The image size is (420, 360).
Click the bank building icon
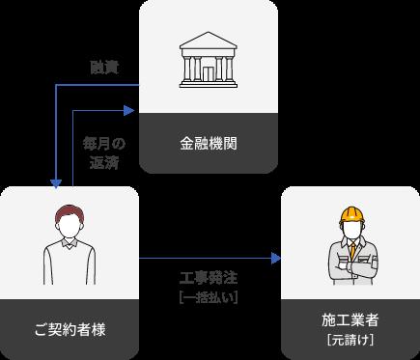coord(208,63)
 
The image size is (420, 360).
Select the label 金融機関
coord(208,145)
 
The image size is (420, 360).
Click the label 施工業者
coord(349,318)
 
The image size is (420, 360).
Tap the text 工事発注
coord(209,279)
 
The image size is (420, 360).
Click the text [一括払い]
coord(209,297)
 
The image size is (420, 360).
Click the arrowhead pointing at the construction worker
coord(275,259)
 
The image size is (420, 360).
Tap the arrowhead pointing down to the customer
coord(58,182)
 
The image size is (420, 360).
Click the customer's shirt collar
coord(70,244)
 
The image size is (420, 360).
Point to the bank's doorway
coord(208,71)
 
